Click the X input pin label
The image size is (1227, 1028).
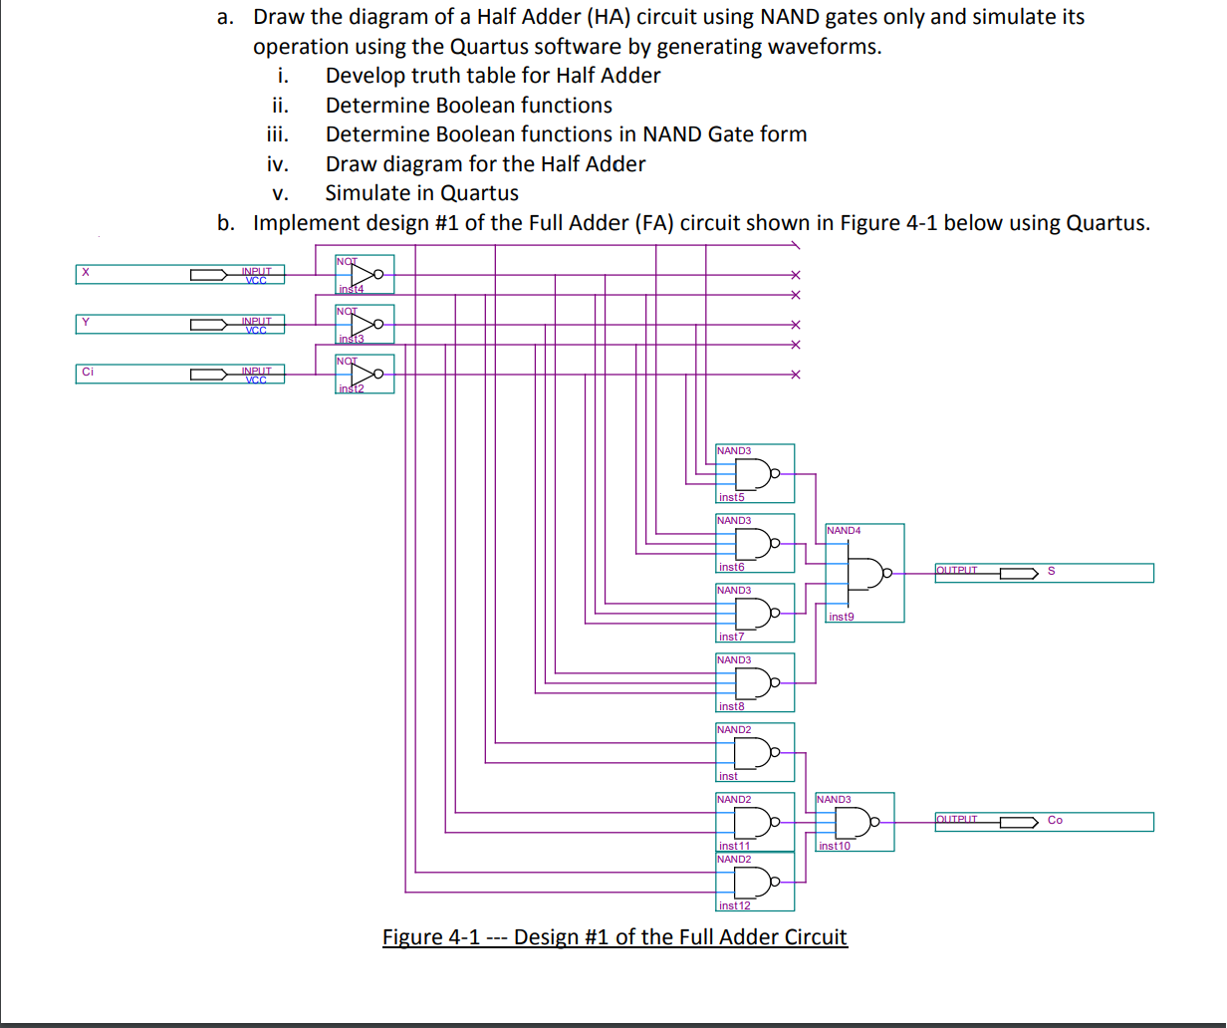(86, 272)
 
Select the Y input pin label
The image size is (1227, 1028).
(87, 322)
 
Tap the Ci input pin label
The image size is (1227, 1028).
(88, 372)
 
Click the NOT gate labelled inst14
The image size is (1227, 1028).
(366, 273)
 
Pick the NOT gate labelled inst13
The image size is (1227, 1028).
(366, 323)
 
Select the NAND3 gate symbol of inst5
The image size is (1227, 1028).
(754, 474)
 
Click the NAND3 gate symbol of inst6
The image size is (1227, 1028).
(754, 544)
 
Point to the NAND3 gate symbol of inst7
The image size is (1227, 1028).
(754, 614)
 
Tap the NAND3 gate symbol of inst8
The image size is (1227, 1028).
(754, 683)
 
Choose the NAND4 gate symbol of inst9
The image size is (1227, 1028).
(865, 573)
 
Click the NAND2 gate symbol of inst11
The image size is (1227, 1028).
(754, 823)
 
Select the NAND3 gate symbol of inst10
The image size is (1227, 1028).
(855, 823)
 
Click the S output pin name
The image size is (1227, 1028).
(1052, 572)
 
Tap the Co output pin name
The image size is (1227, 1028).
(1055, 821)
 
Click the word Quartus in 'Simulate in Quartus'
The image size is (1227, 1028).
(479, 192)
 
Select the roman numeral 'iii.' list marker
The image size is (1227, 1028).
(278, 134)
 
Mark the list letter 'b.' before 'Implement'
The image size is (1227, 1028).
(228, 222)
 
